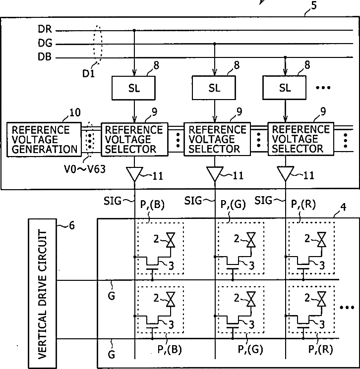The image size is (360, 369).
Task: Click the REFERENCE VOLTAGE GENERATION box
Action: (x=44, y=140)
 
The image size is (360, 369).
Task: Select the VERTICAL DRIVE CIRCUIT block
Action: (x=43, y=294)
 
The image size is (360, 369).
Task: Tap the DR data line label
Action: (x=45, y=29)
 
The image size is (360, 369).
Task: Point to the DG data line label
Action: (x=45, y=43)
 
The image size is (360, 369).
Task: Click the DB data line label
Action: (x=45, y=57)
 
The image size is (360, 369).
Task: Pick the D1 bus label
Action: (x=89, y=74)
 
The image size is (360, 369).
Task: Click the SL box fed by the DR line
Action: (x=133, y=88)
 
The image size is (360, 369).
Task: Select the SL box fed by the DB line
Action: (x=284, y=88)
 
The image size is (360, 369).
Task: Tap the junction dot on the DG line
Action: (x=214, y=44)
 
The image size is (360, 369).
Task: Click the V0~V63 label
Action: (x=85, y=169)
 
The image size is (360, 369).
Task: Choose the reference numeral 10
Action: (x=75, y=112)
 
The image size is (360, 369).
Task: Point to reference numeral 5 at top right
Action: (x=313, y=5)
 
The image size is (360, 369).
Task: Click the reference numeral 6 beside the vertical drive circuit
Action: (x=72, y=225)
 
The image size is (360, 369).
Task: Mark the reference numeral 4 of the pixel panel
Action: (x=343, y=207)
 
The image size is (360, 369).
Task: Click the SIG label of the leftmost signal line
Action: (x=113, y=201)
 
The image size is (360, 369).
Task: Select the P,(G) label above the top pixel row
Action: (x=233, y=204)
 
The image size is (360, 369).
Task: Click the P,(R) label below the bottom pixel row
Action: (x=321, y=350)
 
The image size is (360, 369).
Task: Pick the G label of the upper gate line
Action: (x=112, y=296)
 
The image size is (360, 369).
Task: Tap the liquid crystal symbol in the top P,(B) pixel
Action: (x=171, y=240)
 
